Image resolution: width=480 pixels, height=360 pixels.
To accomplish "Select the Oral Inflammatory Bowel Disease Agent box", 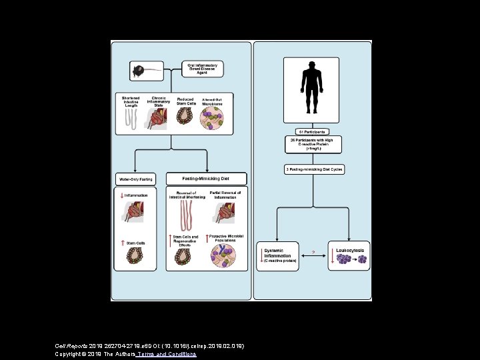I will point(203,69).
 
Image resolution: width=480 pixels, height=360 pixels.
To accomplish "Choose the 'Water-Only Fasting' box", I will point(136,179).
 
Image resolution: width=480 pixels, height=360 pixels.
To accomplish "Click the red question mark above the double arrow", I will point(304,252).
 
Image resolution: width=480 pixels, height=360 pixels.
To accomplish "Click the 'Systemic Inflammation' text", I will point(279,252).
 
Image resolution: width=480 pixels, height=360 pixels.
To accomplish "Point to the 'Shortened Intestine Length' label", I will point(131,101).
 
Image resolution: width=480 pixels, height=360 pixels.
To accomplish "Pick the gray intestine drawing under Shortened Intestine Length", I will point(131,118).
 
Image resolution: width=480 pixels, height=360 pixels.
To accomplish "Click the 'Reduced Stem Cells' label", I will point(185,101).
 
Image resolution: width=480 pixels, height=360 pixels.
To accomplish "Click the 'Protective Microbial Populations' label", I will point(226,239).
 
